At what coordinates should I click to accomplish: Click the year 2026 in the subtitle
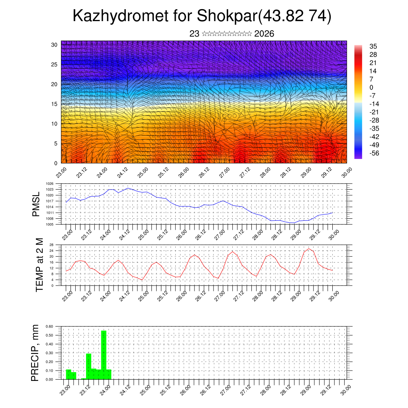click(x=264, y=34)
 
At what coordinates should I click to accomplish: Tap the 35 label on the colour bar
click(x=373, y=47)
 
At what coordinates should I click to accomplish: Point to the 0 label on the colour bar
click(x=371, y=87)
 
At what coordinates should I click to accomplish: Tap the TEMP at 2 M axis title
click(x=39, y=265)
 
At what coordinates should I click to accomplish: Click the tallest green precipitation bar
click(x=104, y=355)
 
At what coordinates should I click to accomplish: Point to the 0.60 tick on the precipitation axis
click(x=49, y=326)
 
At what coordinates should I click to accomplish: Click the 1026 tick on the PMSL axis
click(x=50, y=184)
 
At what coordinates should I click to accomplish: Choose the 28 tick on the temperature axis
click(x=52, y=245)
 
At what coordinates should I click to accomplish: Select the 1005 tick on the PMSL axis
click(x=50, y=224)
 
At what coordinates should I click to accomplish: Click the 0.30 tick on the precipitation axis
click(x=49, y=353)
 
